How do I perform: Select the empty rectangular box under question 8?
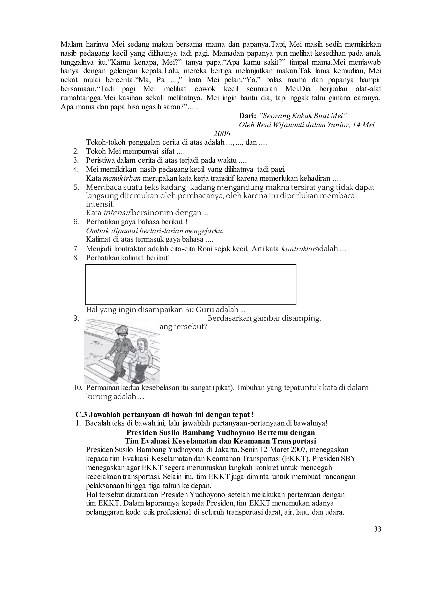pyautogui.click(x=191, y=284)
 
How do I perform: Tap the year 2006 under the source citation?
pyautogui.click(x=222, y=134)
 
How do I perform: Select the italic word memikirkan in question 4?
pyautogui.click(x=122, y=178)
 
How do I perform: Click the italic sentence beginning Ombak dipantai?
pyautogui.click(x=155, y=231)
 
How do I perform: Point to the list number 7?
pyautogui.click(x=76, y=249)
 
